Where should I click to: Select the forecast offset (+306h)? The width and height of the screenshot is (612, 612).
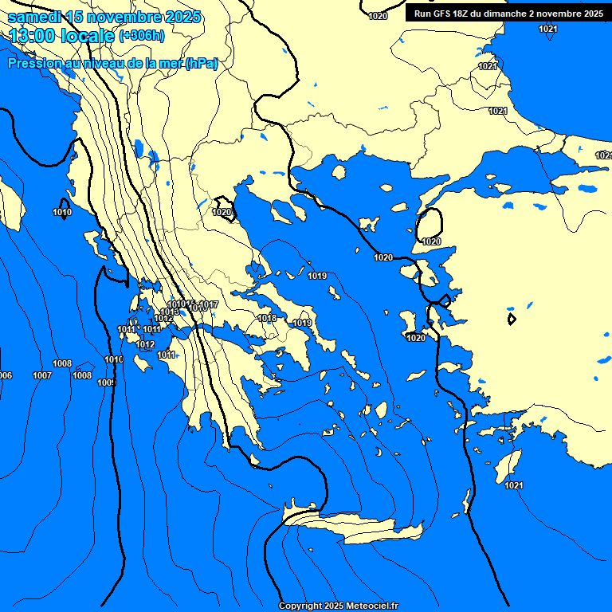142,35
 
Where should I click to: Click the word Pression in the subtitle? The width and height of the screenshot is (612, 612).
33,64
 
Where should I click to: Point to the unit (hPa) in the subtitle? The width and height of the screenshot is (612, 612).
202,64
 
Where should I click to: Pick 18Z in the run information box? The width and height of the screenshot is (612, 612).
461,14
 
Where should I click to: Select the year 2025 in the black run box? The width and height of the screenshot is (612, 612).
590,14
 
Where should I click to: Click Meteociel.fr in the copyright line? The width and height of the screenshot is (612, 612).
371,606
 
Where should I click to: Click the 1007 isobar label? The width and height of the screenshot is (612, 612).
42,375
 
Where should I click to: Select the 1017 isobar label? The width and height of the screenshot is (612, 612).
209,305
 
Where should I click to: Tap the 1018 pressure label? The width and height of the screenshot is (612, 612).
268,319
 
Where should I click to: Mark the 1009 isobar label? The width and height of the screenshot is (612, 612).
107,383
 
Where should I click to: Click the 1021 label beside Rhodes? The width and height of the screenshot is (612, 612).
514,485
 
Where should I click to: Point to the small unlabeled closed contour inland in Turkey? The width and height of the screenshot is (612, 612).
512,319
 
